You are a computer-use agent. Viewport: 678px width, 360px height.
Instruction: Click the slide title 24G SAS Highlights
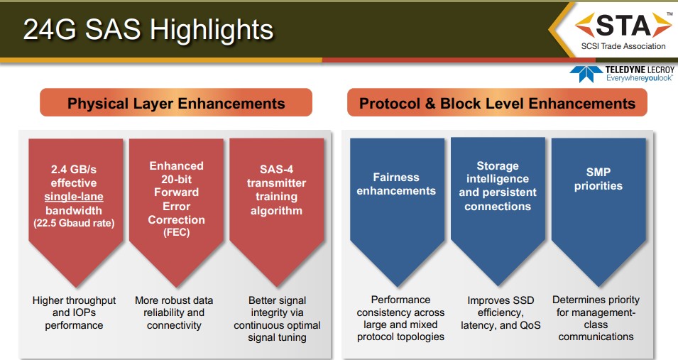(148, 29)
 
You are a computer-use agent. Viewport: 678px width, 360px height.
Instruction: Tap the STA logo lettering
(623, 26)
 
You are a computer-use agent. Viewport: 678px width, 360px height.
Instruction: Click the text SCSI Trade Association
(623, 46)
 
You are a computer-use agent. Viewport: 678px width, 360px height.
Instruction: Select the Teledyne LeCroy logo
(622, 74)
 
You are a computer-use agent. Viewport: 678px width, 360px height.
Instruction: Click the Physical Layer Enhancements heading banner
(176, 102)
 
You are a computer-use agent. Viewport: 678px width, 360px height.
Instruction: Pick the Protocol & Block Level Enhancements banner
(497, 102)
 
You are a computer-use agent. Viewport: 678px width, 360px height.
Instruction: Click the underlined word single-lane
(74, 197)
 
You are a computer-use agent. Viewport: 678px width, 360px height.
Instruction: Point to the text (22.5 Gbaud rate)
(74, 223)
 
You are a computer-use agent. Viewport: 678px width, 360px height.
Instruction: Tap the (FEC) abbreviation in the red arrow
(176, 232)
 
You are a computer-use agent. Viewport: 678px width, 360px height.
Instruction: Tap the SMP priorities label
(598, 179)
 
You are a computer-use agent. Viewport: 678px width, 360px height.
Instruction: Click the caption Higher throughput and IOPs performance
(74, 312)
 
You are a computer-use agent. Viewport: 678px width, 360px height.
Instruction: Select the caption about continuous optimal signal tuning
(277, 318)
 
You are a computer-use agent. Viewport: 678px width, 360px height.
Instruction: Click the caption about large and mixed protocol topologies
(400, 318)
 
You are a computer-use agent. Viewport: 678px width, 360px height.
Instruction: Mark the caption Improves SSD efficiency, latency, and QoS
(501, 312)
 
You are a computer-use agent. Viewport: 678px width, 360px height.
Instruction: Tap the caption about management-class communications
(596, 318)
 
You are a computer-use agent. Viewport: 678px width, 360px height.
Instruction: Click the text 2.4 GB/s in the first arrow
(74, 169)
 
